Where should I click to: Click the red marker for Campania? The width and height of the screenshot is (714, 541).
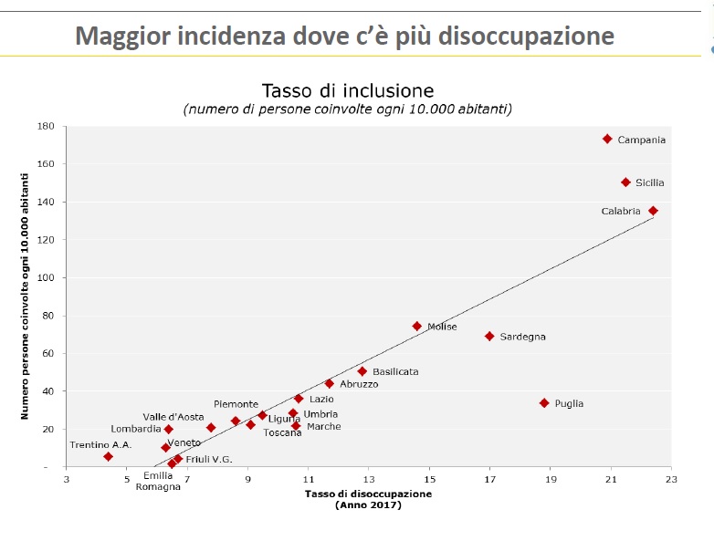607,139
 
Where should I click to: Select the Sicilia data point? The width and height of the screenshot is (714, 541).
625,182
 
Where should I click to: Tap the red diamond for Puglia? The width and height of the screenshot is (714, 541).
544,402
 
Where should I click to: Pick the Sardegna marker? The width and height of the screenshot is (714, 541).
489,336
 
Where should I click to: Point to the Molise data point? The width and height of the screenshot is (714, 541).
417,326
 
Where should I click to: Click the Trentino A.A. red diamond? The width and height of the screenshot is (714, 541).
108,456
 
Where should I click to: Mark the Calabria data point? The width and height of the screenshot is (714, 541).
653,211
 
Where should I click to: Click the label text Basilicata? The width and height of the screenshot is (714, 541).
395,372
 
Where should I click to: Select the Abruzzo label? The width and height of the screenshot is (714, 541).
359,385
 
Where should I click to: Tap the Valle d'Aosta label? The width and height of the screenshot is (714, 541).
173,417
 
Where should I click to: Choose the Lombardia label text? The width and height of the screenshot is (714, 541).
136,429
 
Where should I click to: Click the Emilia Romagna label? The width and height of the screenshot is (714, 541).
158,481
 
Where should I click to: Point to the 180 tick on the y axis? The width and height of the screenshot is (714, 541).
47,126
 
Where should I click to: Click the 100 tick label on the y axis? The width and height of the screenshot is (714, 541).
47,277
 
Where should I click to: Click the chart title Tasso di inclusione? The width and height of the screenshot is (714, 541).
347,90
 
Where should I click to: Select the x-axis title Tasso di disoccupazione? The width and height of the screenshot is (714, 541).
368,494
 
